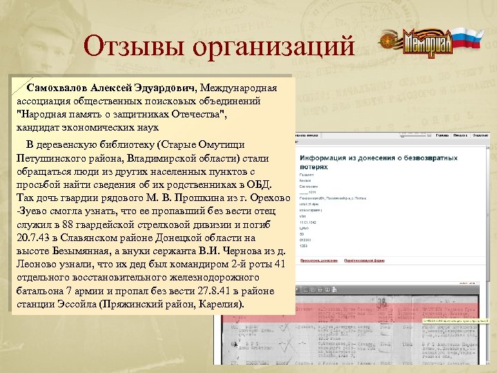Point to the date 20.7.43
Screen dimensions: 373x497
tap(32, 238)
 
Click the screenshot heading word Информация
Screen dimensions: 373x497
tap(329, 158)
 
